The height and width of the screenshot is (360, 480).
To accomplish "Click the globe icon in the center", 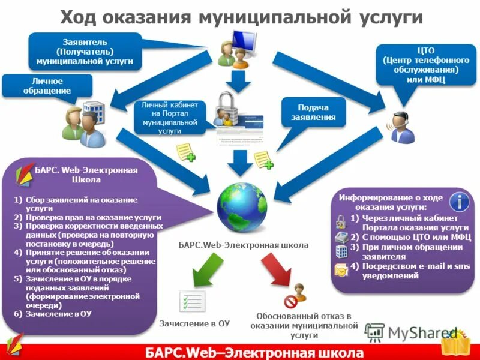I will (241, 208).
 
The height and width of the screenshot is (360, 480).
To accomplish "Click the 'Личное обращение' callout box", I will (47, 85).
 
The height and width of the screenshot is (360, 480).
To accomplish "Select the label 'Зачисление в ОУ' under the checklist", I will (194, 323).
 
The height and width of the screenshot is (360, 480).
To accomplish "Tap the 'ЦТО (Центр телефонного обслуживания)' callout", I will (421, 66).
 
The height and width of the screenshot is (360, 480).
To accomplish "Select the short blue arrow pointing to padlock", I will (235, 80).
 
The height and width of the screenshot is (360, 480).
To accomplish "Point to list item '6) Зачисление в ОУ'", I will (53, 313).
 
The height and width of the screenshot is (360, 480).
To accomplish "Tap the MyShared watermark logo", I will (413, 333).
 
